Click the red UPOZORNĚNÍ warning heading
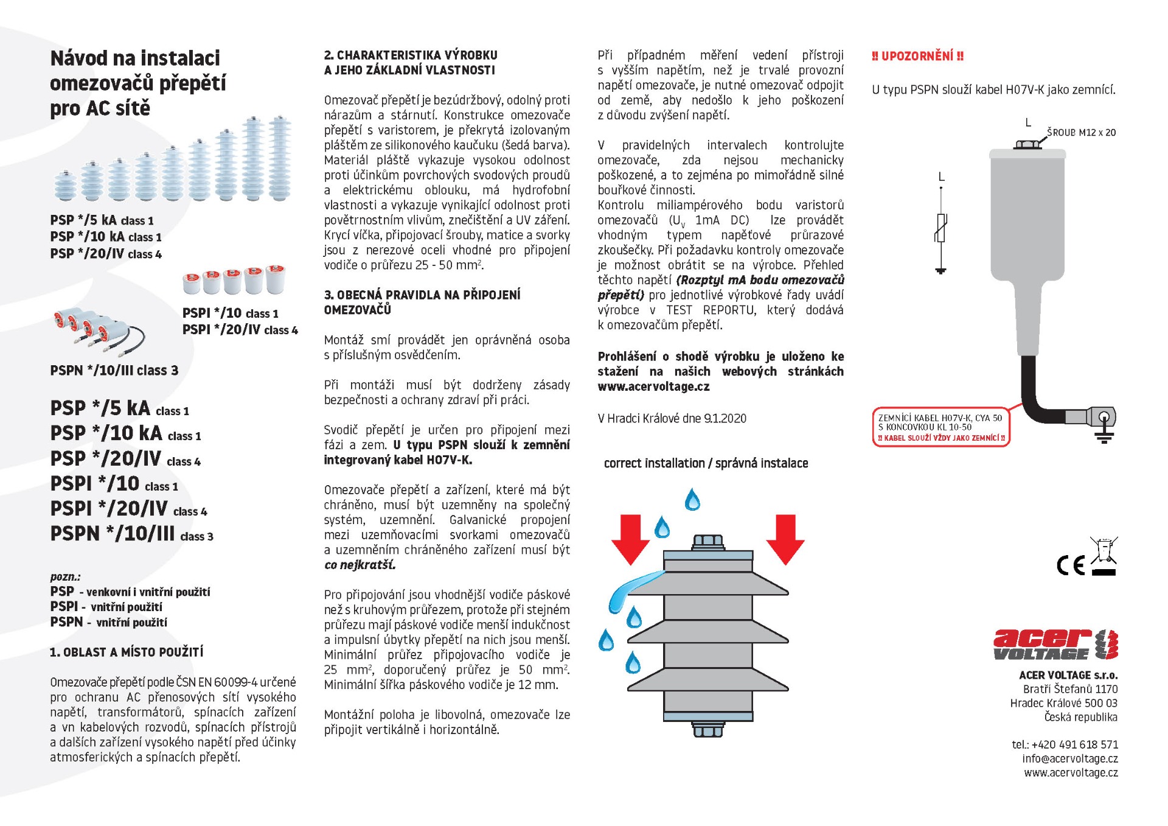click(x=917, y=57)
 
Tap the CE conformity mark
click(x=1071, y=565)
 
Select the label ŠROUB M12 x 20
click(x=1081, y=133)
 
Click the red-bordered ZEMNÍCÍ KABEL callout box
click(x=940, y=427)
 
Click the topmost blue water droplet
click(x=692, y=500)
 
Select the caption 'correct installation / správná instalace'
click(x=706, y=463)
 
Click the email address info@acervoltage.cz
click(x=1069, y=758)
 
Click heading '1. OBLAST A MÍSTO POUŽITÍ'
click(x=127, y=653)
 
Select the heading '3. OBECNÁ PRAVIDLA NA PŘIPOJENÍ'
click(x=422, y=295)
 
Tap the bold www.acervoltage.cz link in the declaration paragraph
click(x=653, y=387)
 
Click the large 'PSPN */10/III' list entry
click(x=113, y=534)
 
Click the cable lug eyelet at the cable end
click(x=1104, y=418)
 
